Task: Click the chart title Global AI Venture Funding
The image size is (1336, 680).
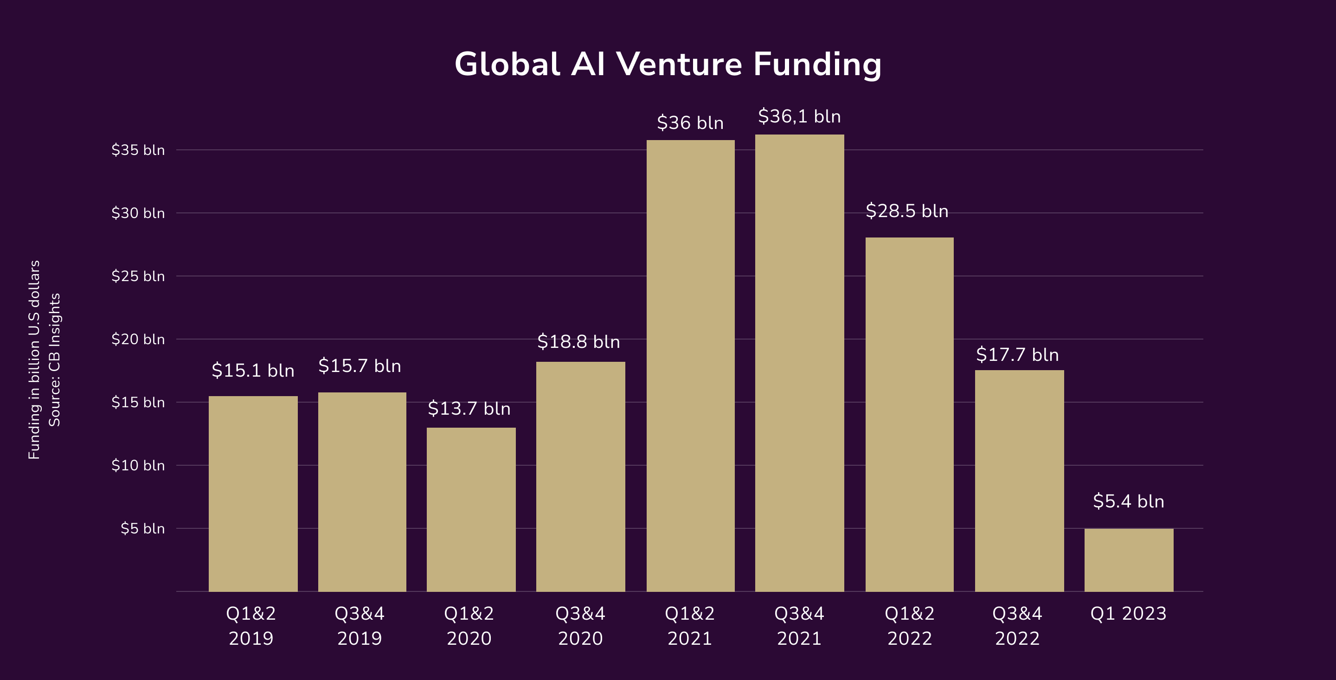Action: pos(668,64)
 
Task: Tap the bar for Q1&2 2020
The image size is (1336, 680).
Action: pos(471,509)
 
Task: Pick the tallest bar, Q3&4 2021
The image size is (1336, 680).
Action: pos(799,363)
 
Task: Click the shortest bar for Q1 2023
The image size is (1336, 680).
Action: pos(1129,560)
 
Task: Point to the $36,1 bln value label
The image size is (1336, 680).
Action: pos(799,116)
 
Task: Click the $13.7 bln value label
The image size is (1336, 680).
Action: pos(469,409)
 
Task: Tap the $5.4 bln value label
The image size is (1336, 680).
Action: pos(1129,501)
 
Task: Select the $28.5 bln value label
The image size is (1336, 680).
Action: pos(906,211)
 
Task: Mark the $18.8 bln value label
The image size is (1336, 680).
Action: pos(578,342)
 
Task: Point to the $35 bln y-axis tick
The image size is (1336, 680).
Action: pos(138,150)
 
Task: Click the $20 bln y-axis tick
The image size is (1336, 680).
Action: pos(138,339)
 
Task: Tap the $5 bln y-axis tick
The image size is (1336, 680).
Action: pos(142,528)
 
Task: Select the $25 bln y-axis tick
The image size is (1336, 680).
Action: pos(138,276)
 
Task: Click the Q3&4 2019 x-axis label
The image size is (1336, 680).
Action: pos(360,626)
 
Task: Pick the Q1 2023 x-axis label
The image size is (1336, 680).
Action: pos(1128,614)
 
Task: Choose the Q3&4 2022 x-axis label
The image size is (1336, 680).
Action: pos(1017,626)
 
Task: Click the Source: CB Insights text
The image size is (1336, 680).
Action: pos(54,359)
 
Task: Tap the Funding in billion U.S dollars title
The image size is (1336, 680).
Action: pos(34,359)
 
